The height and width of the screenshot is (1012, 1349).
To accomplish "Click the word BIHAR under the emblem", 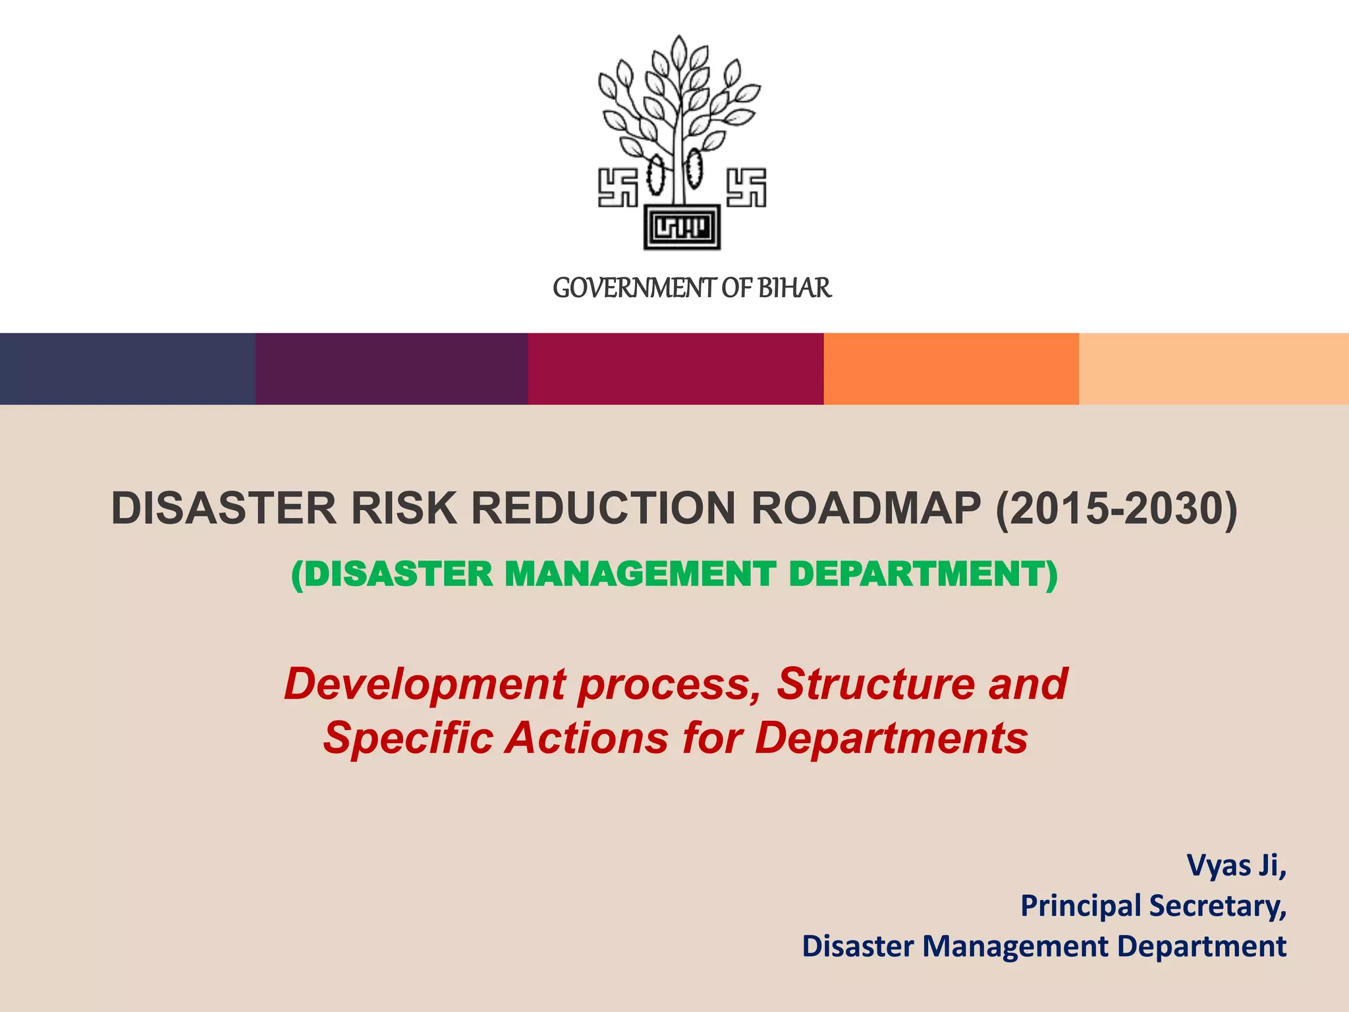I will click(x=794, y=288).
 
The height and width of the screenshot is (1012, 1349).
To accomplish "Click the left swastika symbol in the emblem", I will click(x=617, y=188).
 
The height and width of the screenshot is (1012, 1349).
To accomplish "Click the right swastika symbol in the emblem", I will click(x=746, y=188).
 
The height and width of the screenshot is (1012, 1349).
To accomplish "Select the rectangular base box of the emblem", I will click(x=682, y=227).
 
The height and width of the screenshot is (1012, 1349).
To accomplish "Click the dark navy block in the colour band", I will click(x=127, y=368).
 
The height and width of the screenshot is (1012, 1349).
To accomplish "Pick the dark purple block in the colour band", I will click(x=391, y=368).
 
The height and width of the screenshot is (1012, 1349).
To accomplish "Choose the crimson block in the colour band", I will click(x=675, y=368).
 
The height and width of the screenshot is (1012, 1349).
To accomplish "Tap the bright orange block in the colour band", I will click(x=950, y=368).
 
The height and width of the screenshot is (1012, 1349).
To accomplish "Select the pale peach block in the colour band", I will click(x=1213, y=368).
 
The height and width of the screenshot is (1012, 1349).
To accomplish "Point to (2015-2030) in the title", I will click(x=1116, y=509).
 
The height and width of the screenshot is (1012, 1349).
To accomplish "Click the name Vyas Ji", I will click(x=1236, y=865).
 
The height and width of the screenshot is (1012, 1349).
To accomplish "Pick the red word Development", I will click(x=425, y=683).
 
